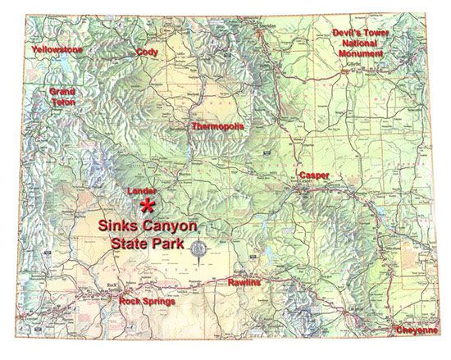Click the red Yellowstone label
coord(57,50)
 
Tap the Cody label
coord(147,51)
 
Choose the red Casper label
coord(314,176)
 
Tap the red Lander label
coord(143,191)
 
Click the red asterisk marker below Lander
coord(148,206)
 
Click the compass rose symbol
coord(198,249)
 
